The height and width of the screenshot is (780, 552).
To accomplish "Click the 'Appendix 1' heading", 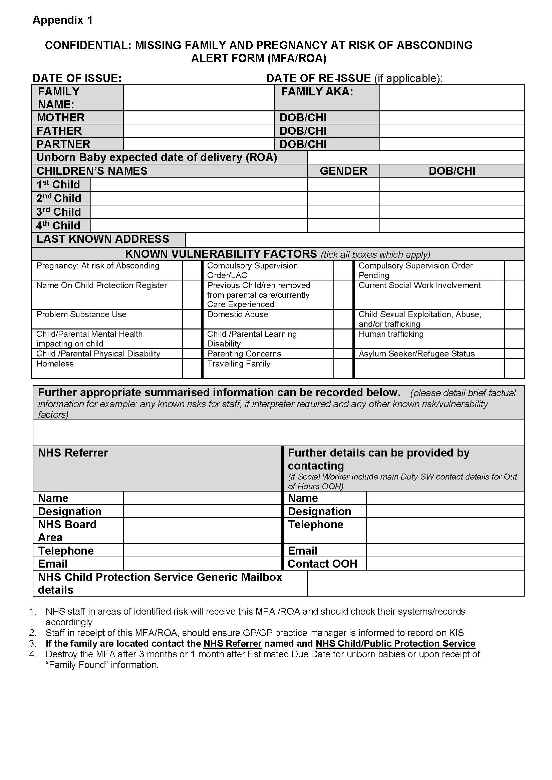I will [62, 20].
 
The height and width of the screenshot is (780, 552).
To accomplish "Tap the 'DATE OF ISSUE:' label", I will [77, 78].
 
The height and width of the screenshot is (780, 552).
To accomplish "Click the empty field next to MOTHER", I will [199, 117].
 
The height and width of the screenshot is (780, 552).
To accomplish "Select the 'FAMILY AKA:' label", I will [317, 92].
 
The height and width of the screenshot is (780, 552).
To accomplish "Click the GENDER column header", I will [343, 171].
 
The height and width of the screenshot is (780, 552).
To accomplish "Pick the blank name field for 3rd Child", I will [199, 212].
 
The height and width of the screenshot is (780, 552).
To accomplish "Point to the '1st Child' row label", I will [58, 185].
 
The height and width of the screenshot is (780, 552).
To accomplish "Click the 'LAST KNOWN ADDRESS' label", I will [103, 239].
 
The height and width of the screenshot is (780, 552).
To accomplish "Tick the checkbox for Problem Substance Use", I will [192, 319].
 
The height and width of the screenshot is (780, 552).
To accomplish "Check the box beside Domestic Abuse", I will [343, 319].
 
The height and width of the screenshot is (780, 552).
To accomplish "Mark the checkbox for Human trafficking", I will [514, 339].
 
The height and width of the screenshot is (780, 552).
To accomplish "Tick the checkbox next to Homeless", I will [192, 368].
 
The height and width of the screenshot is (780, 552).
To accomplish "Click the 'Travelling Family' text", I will [239, 364].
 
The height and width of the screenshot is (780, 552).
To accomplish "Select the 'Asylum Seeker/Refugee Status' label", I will [417, 353].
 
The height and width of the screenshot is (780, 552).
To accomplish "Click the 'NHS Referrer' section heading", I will [73, 453].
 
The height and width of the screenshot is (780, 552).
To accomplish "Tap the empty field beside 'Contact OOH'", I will [445, 564].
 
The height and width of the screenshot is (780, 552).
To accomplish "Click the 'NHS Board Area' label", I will [67, 531].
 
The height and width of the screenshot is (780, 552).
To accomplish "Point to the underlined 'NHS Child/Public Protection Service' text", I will [395, 643].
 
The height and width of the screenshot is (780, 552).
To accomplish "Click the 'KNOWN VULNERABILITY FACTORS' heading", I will [221, 254].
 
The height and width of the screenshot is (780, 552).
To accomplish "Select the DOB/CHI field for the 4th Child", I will [452, 225].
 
